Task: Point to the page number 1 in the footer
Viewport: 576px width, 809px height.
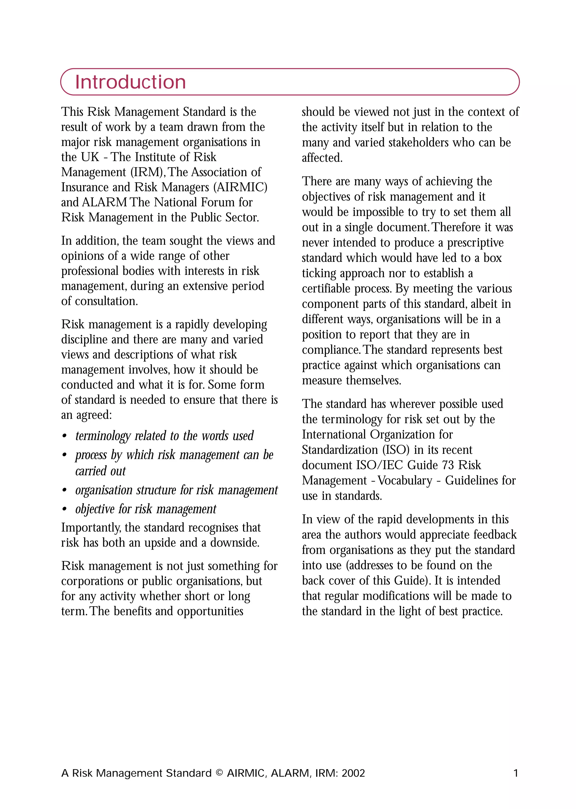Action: point(516,773)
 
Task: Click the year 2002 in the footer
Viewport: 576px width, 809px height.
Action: point(353,773)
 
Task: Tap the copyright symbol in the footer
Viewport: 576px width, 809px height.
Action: point(219,773)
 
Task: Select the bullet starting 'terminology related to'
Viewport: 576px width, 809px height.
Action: point(164,436)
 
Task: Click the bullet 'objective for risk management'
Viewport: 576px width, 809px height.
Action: point(145,509)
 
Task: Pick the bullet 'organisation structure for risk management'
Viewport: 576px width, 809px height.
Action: point(176,490)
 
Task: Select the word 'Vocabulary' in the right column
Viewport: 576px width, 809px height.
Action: point(405,481)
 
